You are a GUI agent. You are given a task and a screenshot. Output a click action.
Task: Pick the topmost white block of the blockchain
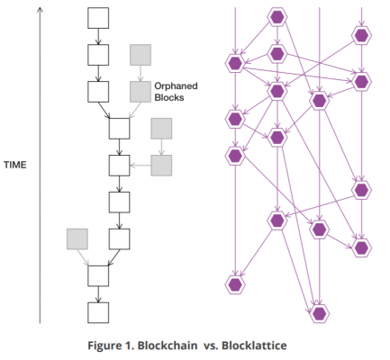pyautogui.click(x=98, y=18)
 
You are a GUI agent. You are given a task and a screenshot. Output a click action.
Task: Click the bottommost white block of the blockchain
pyautogui.click(x=98, y=312)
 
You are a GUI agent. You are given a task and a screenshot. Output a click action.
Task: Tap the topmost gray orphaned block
pyautogui.click(x=140, y=55)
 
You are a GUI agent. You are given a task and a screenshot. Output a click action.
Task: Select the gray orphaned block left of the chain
pyautogui.click(x=77, y=238)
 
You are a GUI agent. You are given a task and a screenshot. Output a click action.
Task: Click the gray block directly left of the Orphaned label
pyautogui.click(x=140, y=91)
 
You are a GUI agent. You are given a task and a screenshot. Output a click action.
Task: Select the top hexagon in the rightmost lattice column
pyautogui.click(x=361, y=35)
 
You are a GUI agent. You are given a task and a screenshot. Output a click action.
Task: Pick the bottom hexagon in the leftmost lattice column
pyautogui.click(x=235, y=284)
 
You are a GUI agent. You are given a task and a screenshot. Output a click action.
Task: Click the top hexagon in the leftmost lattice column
pyautogui.click(x=235, y=63)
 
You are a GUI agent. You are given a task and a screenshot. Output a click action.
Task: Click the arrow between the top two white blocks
pyautogui.click(x=98, y=37)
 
